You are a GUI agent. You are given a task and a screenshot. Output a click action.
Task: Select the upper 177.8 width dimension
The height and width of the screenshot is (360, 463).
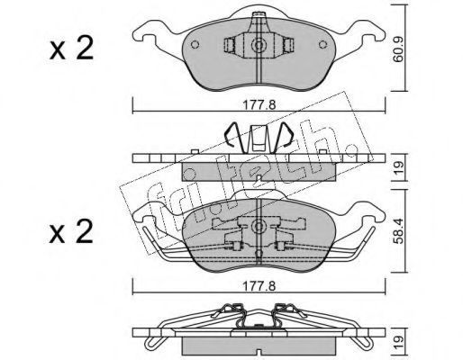click(259, 105)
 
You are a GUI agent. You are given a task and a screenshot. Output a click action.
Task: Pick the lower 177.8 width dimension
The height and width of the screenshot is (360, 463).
click(259, 286)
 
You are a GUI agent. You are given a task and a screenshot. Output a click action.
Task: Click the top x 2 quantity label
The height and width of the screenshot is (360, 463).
click(71, 48)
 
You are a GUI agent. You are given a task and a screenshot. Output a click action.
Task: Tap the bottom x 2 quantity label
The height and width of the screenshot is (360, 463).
click(71, 231)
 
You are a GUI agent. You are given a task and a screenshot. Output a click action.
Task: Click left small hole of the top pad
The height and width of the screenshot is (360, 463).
click(195, 44)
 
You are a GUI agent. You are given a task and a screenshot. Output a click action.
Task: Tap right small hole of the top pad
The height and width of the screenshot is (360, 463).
click(322, 44)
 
